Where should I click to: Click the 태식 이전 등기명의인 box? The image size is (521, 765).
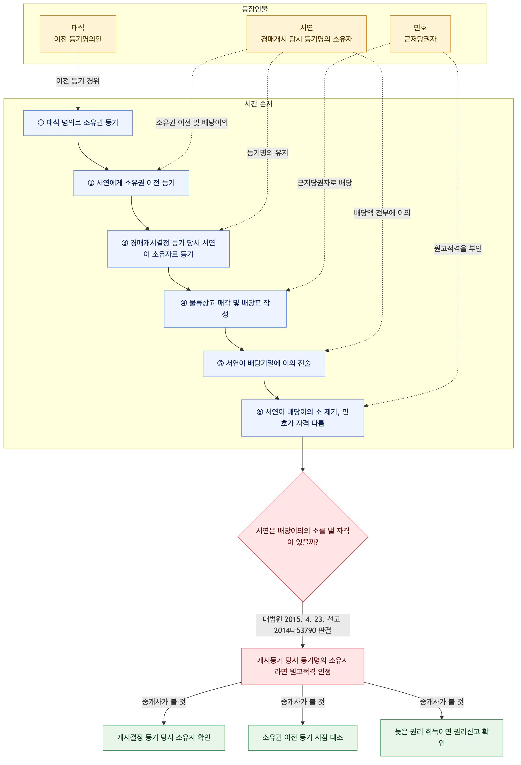(x=78, y=34)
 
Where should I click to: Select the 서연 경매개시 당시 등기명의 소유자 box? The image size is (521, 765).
(x=306, y=34)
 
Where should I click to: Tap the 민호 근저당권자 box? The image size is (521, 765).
(x=420, y=34)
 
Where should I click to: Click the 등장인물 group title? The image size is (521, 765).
(x=255, y=9)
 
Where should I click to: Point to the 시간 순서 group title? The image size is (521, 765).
(x=258, y=104)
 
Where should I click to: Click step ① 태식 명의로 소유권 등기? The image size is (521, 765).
(x=78, y=123)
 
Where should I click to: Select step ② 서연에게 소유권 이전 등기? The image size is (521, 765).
(x=131, y=183)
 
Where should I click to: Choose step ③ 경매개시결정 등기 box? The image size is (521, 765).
(x=168, y=249)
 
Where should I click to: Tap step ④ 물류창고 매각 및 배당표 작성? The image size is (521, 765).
(x=225, y=309)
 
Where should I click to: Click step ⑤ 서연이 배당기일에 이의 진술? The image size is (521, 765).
(x=264, y=363)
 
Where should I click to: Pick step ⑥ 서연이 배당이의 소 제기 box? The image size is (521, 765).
(x=303, y=418)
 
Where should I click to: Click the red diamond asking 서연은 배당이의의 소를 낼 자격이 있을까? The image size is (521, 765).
(x=303, y=537)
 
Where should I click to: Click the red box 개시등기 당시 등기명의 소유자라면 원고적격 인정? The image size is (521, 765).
(x=303, y=666)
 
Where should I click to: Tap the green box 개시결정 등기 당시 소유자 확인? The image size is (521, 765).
(x=164, y=738)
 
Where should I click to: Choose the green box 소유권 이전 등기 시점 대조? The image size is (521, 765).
(x=303, y=738)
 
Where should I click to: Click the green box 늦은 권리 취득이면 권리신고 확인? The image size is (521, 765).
(x=442, y=738)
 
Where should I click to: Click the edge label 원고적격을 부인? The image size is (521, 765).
(x=458, y=248)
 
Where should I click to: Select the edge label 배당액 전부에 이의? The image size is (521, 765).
(x=382, y=213)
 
